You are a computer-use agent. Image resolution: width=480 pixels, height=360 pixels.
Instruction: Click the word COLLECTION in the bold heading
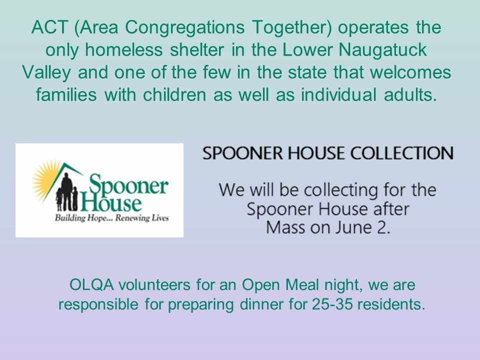click(x=400, y=153)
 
